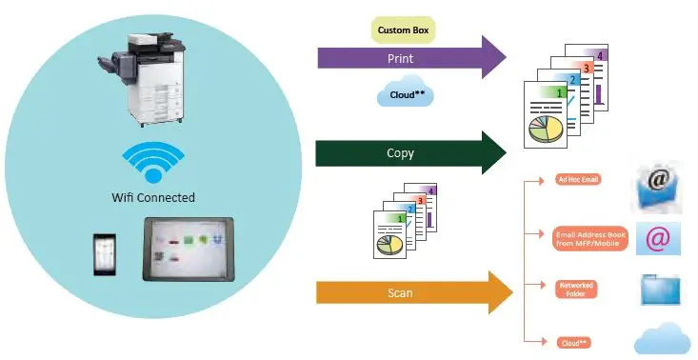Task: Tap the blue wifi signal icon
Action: click(x=151, y=162)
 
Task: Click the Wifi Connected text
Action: click(x=152, y=198)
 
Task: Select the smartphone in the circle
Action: click(x=106, y=251)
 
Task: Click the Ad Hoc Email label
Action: click(x=578, y=179)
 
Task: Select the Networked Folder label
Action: click(x=577, y=289)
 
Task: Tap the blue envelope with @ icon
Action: click(x=657, y=187)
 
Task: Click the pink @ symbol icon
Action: click(x=657, y=238)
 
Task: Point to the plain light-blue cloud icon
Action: click(x=663, y=338)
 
